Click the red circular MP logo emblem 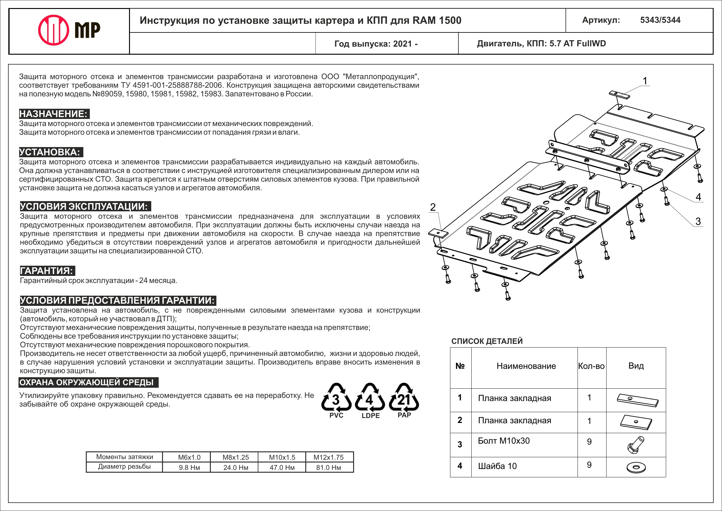[53, 30]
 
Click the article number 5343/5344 [660, 20]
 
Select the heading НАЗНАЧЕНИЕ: [54, 114]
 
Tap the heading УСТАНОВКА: [51, 152]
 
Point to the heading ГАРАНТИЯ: [47, 270]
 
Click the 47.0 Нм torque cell [282, 467]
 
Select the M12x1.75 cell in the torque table [328, 457]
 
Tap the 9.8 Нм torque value [189, 467]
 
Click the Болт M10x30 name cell [504, 441]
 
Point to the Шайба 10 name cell [498, 466]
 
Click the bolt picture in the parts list [636, 445]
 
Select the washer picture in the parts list [636, 467]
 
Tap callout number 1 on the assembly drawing [645, 81]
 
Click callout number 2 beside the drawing [433, 207]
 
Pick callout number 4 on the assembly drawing [699, 197]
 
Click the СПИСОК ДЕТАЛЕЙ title [487, 341]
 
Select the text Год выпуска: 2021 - [376, 44]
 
